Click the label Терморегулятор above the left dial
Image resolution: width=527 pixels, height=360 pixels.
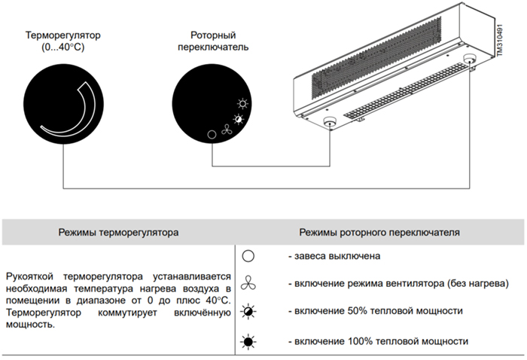[x=62, y=35]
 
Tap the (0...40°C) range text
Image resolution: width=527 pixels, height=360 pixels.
[x=62, y=47]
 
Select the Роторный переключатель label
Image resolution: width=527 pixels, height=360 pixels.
[x=213, y=41]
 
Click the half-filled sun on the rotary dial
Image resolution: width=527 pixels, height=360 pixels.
[x=239, y=119]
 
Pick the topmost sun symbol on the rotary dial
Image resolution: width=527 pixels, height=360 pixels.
[x=242, y=105]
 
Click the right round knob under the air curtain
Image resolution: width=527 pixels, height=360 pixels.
[x=470, y=59]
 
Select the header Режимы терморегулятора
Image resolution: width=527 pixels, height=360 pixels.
[x=119, y=233]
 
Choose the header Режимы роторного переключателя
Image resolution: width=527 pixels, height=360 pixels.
[x=380, y=233]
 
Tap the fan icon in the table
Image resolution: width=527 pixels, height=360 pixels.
[x=249, y=283]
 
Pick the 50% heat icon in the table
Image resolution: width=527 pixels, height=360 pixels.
[x=249, y=311]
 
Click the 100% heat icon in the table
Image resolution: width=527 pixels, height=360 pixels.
[x=249, y=340]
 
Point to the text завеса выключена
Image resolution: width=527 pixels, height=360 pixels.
[x=334, y=257]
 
